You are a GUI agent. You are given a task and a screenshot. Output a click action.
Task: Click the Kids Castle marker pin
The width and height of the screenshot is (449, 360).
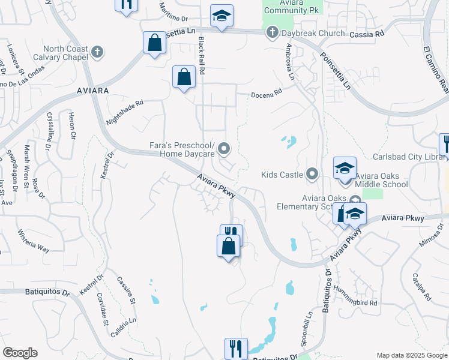coord(312,175)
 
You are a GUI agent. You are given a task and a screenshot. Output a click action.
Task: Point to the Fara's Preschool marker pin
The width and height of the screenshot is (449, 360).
coord(224,148)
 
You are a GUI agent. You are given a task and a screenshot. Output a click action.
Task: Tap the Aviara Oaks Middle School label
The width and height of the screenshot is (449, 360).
coord(382,180)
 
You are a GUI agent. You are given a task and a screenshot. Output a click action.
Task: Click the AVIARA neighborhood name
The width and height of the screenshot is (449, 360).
coord(93,90)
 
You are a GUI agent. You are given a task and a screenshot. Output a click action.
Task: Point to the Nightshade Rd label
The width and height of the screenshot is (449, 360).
coord(125,112)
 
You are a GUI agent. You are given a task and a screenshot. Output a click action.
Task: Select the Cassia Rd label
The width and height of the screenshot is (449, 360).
coord(366,35)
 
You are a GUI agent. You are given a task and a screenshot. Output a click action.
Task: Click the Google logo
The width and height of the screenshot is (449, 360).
coord(20,353)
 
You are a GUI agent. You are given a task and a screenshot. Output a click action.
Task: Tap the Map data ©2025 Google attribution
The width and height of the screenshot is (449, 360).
coord(412,355)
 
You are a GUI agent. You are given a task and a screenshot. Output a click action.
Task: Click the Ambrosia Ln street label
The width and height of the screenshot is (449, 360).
coord(290,62)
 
